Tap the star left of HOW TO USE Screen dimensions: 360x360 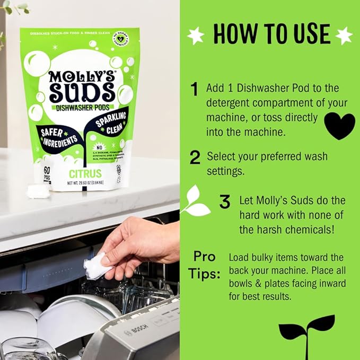coord(197,35)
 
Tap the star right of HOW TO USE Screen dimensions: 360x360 coord(344,35)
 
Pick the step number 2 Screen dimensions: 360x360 coord(195,157)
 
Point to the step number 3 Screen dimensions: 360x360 coord(225,202)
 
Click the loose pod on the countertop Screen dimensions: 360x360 coord(38,191)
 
